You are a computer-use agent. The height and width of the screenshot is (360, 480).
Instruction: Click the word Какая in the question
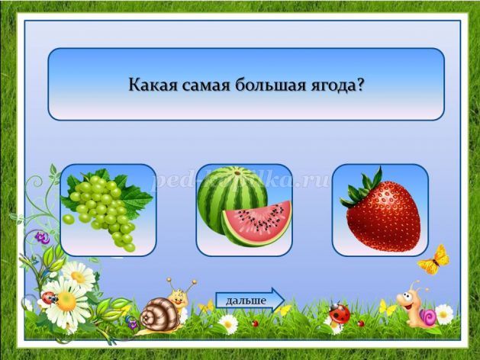(153, 85)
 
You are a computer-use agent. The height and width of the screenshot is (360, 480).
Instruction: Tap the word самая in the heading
(206, 85)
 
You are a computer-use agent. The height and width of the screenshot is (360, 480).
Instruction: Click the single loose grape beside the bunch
(68, 220)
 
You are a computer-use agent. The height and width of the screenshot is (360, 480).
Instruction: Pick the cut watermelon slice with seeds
(256, 223)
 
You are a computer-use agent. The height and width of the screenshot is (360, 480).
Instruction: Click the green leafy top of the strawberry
(361, 188)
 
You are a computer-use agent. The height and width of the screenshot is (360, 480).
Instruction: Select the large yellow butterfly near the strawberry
(433, 259)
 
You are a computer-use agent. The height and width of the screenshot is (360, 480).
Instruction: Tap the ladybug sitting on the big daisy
(49, 297)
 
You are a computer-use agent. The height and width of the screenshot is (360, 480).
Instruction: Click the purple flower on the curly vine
(42, 238)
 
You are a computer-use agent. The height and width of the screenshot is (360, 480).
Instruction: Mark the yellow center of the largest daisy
(66, 301)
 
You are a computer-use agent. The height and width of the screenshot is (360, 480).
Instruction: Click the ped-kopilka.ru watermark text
(241, 181)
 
